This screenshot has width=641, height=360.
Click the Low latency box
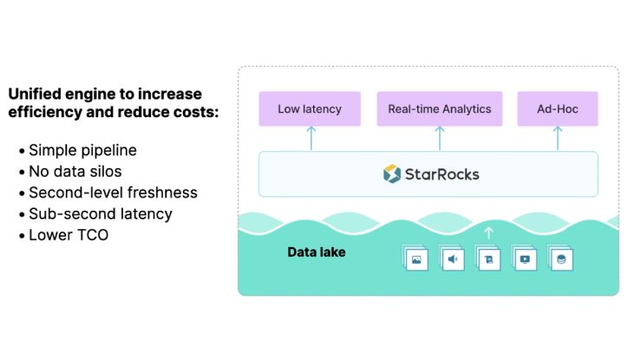pyautogui.click(x=310, y=109)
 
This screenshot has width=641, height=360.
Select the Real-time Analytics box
pyautogui.click(x=439, y=109)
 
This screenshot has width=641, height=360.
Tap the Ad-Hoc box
pyautogui.click(x=558, y=109)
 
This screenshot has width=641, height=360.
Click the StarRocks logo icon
pyautogui.click(x=392, y=174)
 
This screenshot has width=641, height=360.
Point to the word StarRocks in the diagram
pyautogui.click(x=442, y=174)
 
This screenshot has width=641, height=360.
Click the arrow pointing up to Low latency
pyautogui.click(x=310, y=138)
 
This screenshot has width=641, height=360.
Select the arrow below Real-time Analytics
pyautogui.click(x=439, y=138)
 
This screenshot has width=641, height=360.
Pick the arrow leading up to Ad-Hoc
pyautogui.click(x=558, y=138)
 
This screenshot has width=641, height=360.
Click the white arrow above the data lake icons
pyautogui.click(x=488, y=232)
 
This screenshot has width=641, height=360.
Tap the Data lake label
pyautogui.click(x=316, y=253)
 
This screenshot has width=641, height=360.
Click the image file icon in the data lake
pyautogui.click(x=417, y=259)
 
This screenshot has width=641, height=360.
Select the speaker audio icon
pyautogui.click(x=453, y=259)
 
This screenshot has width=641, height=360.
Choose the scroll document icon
pyautogui.click(x=489, y=259)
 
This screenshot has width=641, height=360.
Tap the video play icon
pyautogui.click(x=525, y=259)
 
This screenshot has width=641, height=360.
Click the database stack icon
pyautogui.click(x=561, y=259)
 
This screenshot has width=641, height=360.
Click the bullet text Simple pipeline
pyautogui.click(x=82, y=150)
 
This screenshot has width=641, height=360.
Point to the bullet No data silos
pyautogui.click(x=75, y=171)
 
